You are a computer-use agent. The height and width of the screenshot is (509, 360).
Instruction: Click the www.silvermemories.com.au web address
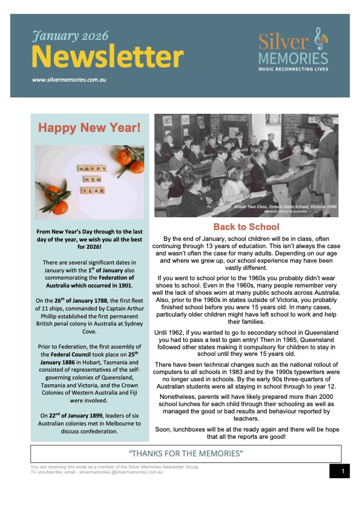[70, 79]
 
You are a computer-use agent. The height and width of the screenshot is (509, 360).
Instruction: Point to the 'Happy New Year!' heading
[89, 128]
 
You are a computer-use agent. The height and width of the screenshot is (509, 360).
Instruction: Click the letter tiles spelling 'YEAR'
[91, 190]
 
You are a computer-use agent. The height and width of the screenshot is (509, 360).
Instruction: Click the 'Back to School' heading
[246, 227]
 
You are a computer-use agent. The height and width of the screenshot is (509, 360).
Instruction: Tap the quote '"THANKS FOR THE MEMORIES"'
[186, 453]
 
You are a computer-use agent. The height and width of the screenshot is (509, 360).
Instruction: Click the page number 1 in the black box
[343, 471]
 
